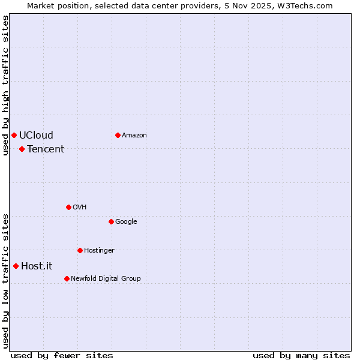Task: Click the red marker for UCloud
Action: pos(14,135)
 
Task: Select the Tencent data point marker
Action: pos(22,149)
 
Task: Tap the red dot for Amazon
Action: pos(118,135)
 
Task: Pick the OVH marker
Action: pos(68,207)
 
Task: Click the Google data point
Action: pos(111,221)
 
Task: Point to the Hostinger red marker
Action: pos(80,250)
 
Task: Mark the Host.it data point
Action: pos(16,266)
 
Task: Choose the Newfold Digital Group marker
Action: pos(67,278)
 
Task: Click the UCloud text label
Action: pos(36,135)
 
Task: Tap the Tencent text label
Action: pos(46,149)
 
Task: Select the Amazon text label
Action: pos(134,135)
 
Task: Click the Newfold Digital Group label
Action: pos(106,278)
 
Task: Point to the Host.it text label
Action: pos(37,266)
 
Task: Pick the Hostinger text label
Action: pos(99,250)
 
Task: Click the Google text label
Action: pos(126,221)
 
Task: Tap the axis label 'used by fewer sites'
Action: pos(62,355)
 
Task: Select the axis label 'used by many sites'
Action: pos(301,355)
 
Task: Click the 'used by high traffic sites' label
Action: pos(5,86)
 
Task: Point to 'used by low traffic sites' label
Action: pos(5,281)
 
